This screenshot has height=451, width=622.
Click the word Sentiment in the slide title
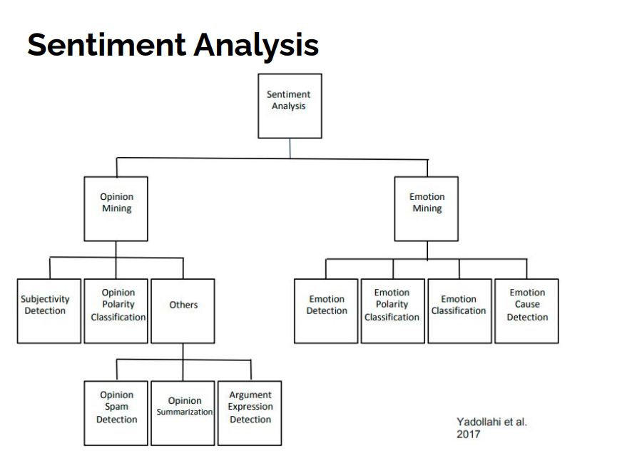(x=107, y=45)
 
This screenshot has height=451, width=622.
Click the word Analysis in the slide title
(x=256, y=46)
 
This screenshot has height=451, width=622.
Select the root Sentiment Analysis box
(x=290, y=106)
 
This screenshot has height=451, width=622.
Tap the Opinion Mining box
(x=116, y=209)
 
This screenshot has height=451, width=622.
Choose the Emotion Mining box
(x=427, y=209)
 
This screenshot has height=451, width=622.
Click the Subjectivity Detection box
(x=49, y=311)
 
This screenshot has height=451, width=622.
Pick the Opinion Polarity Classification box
(x=116, y=311)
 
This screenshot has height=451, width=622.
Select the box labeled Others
(x=183, y=311)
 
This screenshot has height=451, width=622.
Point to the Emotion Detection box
(x=326, y=311)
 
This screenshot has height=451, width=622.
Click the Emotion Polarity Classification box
(x=393, y=311)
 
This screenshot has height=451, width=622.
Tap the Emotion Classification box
(x=460, y=311)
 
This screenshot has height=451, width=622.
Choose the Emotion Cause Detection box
(x=527, y=311)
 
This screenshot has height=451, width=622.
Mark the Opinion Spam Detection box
(x=116, y=413)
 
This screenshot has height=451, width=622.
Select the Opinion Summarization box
(x=183, y=413)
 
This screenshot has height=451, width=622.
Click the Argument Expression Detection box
(x=250, y=413)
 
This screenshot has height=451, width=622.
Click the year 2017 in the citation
(x=469, y=434)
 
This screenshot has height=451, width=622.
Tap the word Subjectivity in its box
(x=45, y=299)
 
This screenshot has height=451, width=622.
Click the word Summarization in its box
(x=185, y=412)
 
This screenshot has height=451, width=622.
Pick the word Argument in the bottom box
(x=250, y=395)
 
